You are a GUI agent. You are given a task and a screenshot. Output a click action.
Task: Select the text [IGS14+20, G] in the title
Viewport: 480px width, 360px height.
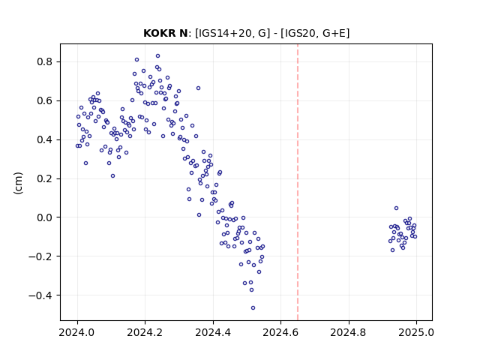tap(232, 33)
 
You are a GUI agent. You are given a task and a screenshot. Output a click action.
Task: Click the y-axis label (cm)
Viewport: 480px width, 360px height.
tap(18, 183)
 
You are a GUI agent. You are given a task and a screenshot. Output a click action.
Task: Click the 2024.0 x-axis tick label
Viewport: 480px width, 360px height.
tap(77, 332)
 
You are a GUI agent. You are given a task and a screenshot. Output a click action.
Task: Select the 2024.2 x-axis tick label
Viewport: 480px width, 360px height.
tap(145, 332)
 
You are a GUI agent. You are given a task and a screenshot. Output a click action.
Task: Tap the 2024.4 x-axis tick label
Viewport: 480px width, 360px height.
tap(213, 332)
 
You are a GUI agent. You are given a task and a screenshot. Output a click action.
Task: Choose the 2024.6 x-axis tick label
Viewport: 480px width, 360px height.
tap(280, 332)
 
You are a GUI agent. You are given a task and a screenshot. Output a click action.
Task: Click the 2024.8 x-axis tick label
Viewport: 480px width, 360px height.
tap(349, 332)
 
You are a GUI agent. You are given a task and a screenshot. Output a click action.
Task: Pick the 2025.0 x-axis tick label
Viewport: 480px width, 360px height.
tap(416, 332)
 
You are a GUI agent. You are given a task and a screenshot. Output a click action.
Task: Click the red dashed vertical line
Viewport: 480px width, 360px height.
tap(298, 182)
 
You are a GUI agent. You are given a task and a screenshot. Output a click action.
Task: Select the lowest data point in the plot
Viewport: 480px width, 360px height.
tap(253, 308)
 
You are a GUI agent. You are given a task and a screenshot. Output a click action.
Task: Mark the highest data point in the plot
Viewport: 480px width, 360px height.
tap(157, 56)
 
